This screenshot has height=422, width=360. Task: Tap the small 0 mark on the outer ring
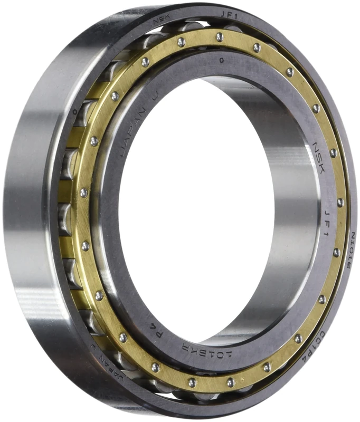click(x=75, y=112)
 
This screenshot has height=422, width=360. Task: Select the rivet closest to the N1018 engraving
click(x=336, y=252)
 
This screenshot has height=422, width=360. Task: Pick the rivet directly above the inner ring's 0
click(x=219, y=37)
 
